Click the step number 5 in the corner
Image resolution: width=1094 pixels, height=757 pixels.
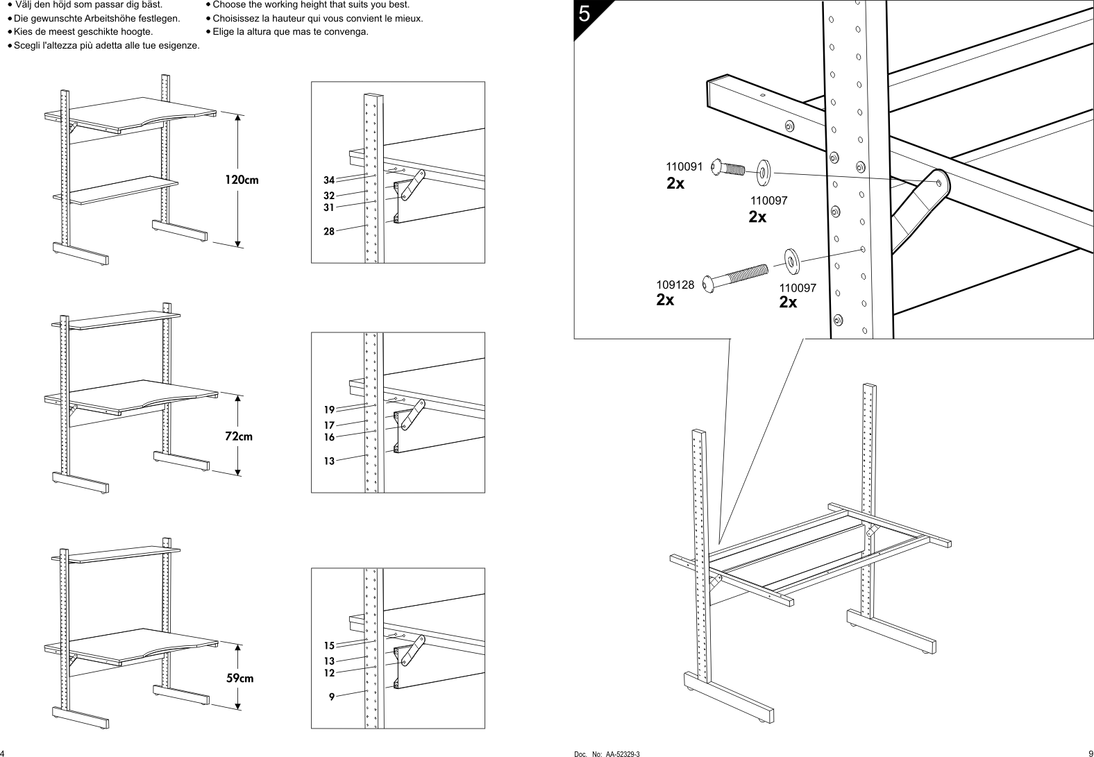584,14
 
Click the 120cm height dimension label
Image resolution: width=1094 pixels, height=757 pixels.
241,180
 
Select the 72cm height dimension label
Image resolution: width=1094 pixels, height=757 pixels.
238,436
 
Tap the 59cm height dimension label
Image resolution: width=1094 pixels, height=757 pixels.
240,678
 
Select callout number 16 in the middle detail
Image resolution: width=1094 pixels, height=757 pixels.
329,437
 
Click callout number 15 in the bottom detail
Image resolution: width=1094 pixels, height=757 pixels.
329,646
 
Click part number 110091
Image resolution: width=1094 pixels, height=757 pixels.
684,167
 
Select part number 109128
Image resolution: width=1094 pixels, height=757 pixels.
675,284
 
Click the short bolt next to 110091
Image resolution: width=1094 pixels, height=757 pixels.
729,169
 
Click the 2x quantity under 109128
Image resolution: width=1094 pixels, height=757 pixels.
665,300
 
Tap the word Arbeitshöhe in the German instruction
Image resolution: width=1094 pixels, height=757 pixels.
119,18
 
